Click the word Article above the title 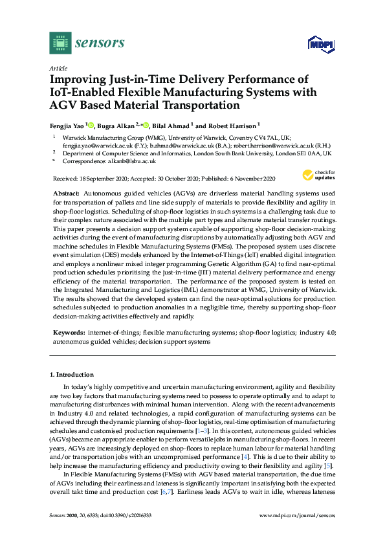click(x=58, y=68)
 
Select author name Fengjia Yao click(x=66, y=126)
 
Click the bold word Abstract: click(x=66, y=194)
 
